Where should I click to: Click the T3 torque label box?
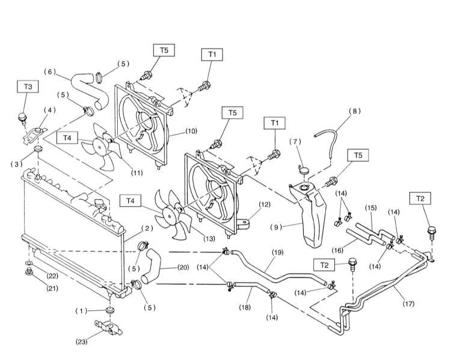(x=28, y=87)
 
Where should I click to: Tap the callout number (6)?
(x=50, y=72)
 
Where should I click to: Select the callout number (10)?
(x=191, y=131)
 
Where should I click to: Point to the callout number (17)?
(x=409, y=304)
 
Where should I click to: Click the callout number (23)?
(x=81, y=342)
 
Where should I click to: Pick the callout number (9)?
(x=276, y=227)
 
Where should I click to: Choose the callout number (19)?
(x=277, y=252)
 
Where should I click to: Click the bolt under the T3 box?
(x=23, y=118)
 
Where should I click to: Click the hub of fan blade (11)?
(x=99, y=147)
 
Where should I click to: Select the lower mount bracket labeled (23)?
(x=109, y=328)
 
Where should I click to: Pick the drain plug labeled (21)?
(x=29, y=272)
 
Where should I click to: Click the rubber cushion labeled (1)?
(x=110, y=311)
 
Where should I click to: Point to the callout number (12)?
(x=265, y=204)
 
